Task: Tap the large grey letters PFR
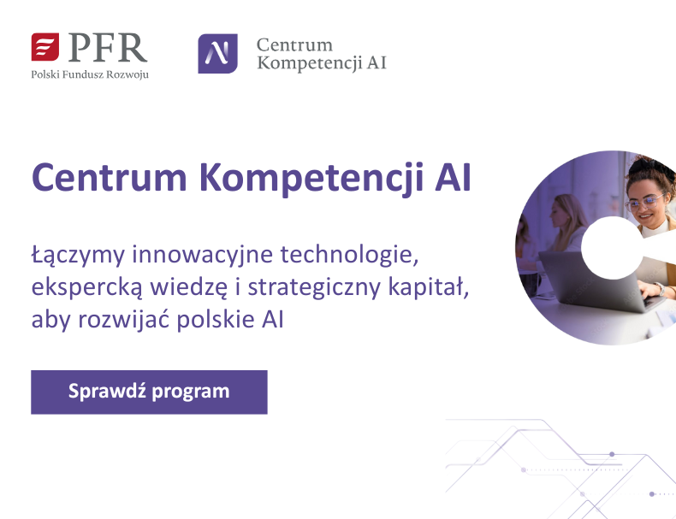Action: point(107,47)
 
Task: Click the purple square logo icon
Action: point(218,54)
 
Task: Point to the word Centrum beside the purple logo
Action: point(294,44)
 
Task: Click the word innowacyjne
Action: point(190,256)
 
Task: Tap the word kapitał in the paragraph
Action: point(432,287)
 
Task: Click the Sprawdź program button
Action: point(149,392)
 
